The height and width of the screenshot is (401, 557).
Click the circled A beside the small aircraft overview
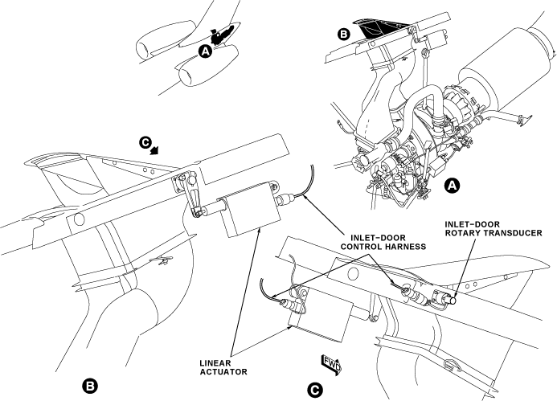[205, 51]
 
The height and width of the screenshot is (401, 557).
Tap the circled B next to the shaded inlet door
[342, 35]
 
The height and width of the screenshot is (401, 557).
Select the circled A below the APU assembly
[453, 186]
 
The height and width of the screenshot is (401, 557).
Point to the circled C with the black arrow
[145, 142]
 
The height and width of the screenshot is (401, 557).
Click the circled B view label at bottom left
[92, 386]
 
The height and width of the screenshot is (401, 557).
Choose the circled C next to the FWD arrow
[316, 389]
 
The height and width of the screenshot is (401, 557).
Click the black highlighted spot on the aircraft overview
[221, 35]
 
